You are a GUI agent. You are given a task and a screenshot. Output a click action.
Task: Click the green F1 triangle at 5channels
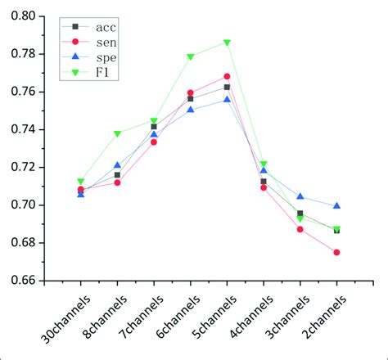pyautogui.click(x=227, y=43)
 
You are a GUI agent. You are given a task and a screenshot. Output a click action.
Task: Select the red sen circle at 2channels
pyautogui.click(x=336, y=252)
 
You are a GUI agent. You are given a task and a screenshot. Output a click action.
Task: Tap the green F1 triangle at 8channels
pyautogui.click(x=117, y=133)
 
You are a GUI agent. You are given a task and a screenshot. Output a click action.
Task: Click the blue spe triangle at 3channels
pyautogui.click(x=300, y=196)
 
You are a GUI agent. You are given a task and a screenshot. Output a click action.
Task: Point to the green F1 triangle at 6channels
pyautogui.click(x=190, y=57)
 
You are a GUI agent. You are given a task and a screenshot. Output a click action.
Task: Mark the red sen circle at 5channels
pyautogui.click(x=227, y=77)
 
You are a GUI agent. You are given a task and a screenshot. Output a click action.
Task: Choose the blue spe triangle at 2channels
pyautogui.click(x=336, y=205)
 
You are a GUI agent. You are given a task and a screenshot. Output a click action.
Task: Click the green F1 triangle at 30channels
pyautogui.click(x=81, y=182)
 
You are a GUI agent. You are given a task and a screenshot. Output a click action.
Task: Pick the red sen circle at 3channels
pyautogui.click(x=300, y=229)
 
